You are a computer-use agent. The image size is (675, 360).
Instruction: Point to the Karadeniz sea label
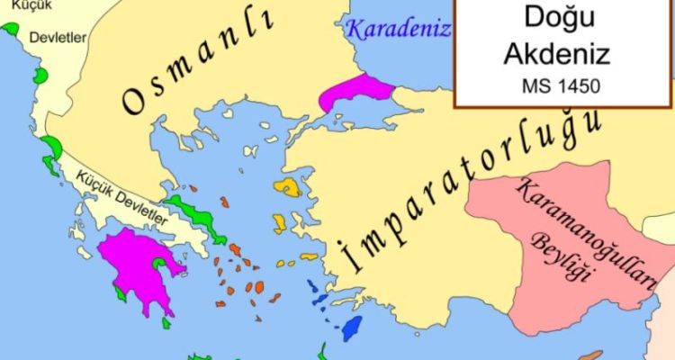[398, 29]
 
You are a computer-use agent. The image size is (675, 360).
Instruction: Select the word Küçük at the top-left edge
[15, 7]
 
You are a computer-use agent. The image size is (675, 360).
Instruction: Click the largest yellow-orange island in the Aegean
[289, 187]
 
